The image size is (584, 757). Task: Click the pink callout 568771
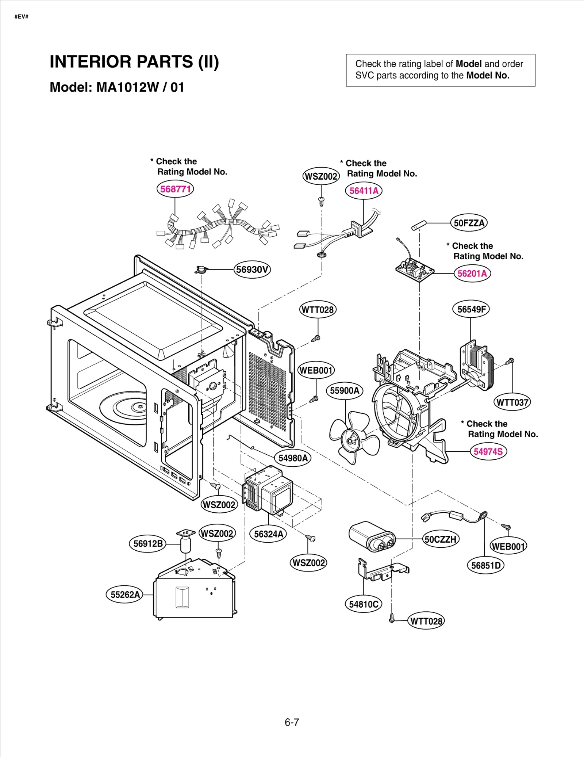175,189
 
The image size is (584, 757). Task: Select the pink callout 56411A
364,191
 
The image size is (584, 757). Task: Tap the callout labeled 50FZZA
469,223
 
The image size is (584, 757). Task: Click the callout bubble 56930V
252,269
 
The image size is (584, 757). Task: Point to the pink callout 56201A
472,274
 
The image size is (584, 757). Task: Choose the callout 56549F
471,309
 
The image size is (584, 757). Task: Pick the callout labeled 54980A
293,458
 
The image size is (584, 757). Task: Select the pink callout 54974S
488,451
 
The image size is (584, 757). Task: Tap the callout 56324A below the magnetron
268,534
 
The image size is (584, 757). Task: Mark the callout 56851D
485,566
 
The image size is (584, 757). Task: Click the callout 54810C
363,604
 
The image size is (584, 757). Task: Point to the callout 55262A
125,594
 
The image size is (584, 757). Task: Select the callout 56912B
148,543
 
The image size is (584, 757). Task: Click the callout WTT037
512,402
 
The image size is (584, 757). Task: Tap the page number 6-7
292,722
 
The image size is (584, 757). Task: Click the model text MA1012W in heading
128,87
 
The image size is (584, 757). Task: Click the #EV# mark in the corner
22,17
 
